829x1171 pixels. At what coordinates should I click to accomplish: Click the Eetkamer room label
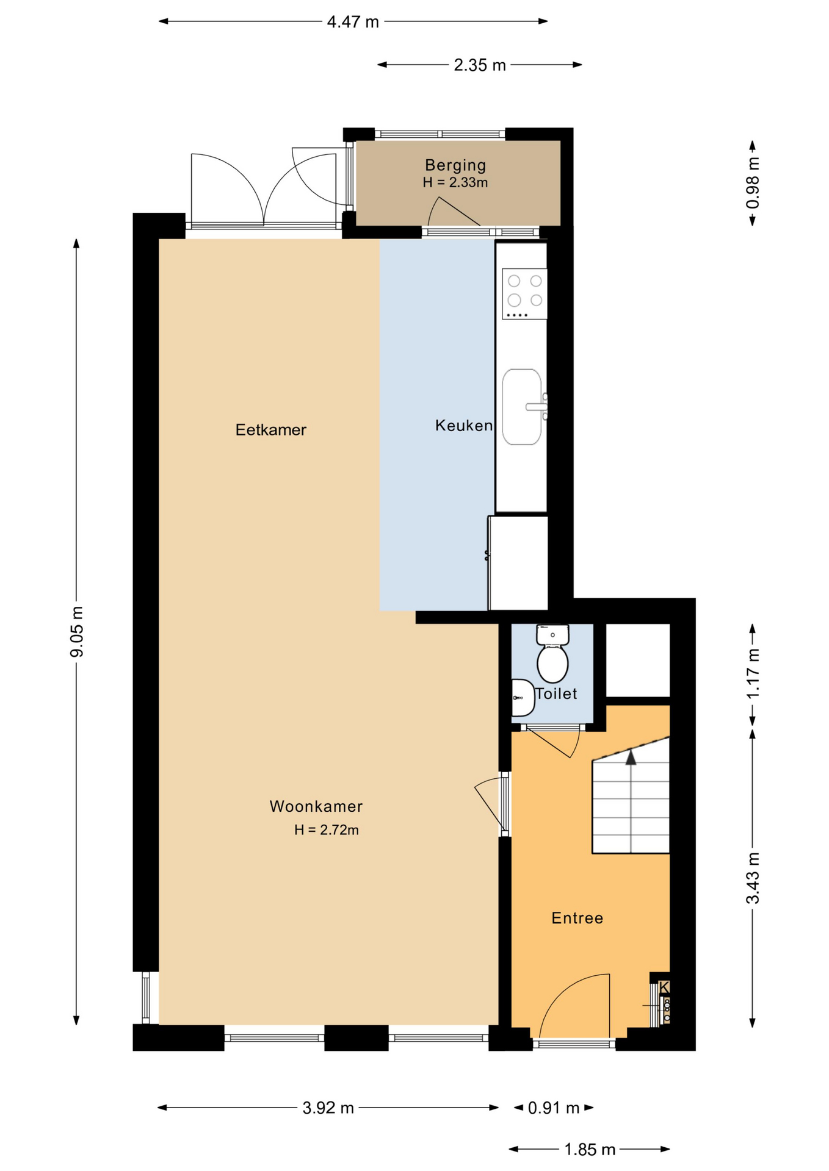tap(270, 430)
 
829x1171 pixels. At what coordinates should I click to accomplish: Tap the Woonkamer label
tap(316, 806)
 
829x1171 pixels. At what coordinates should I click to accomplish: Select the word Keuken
tap(463, 425)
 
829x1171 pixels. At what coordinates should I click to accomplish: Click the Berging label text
tap(455, 165)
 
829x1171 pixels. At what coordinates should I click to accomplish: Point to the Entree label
tap(577, 918)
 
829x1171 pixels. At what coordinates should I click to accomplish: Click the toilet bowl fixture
tap(552, 654)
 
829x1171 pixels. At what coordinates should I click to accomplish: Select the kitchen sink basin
tap(522, 407)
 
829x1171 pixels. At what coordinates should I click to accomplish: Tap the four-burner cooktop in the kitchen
tap(524, 294)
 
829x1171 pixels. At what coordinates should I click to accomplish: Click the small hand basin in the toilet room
tap(523, 697)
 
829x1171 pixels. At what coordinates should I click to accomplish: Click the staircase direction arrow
tap(631, 757)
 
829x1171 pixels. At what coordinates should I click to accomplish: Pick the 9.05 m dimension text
tap(77, 632)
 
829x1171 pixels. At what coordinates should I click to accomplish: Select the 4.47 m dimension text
tap(353, 22)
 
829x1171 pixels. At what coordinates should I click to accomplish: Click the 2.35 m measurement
tap(480, 65)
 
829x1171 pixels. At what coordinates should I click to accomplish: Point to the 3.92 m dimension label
tap(328, 1108)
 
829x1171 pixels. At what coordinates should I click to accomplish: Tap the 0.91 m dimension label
tap(554, 1108)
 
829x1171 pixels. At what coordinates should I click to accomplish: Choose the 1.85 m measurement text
tap(590, 1150)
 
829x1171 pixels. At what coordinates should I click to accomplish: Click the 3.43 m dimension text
tap(753, 878)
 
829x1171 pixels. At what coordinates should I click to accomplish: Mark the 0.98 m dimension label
tap(753, 183)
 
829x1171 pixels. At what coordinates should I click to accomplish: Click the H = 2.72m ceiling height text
tap(327, 830)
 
